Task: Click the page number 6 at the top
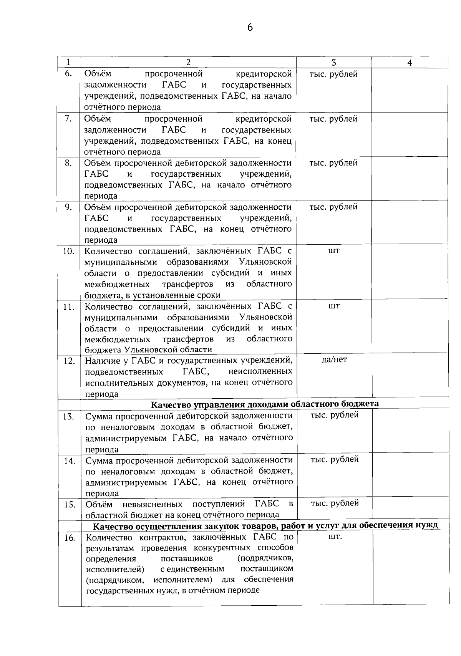tap(250, 28)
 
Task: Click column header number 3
tap(333, 63)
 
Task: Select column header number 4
tap(410, 63)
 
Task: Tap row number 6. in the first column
tap(69, 74)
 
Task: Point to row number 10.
tap(68, 252)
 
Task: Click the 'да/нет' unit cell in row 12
tap(334, 359)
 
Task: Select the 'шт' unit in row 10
tap(334, 251)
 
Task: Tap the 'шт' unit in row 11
tap(334, 306)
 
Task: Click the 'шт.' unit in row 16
tap(335, 537)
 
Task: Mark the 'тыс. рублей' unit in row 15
tap(335, 503)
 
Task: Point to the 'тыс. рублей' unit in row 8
tap(333, 163)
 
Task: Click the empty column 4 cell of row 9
tap(410, 223)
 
